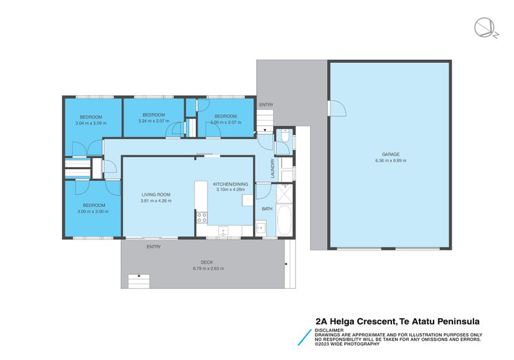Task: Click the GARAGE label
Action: [x=391, y=154]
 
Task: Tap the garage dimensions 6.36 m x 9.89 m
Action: [x=391, y=161]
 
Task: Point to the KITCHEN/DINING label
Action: [x=231, y=184]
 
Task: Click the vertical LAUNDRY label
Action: [x=273, y=168]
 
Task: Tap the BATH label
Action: [x=267, y=209]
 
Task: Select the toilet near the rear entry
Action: [x=284, y=137]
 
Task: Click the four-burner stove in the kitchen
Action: [x=201, y=217]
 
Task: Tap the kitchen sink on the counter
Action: [x=223, y=230]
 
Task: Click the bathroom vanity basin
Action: [x=261, y=227]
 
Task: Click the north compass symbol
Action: [x=483, y=28]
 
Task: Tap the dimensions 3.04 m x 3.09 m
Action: [x=91, y=123]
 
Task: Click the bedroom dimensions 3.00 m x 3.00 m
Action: [x=93, y=212]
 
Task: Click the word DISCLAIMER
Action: [x=328, y=330]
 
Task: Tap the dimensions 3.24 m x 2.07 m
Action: [x=154, y=121]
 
